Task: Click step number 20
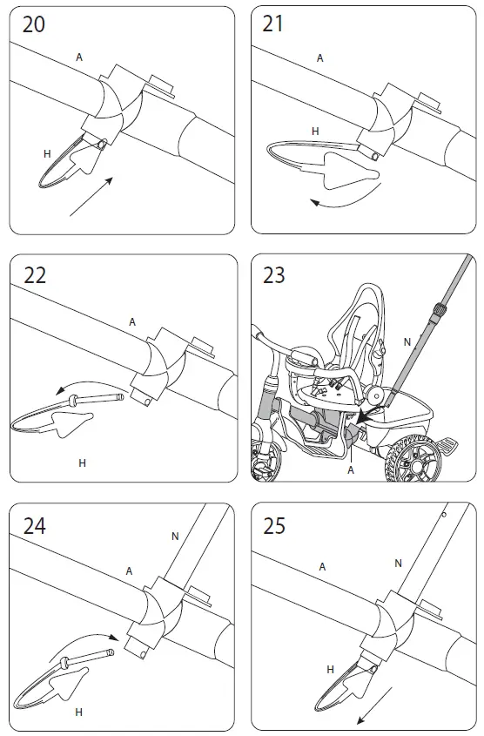click(34, 24)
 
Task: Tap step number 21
click(273, 24)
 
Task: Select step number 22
click(35, 275)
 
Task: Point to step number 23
click(274, 275)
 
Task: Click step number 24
click(35, 526)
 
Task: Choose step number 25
click(274, 526)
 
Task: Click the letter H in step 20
click(47, 154)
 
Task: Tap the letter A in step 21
click(319, 58)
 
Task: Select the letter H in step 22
click(82, 463)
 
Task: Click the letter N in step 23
click(407, 342)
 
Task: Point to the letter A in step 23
click(351, 469)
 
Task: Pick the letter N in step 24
click(175, 536)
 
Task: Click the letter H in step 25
click(330, 670)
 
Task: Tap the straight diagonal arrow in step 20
click(91, 197)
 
